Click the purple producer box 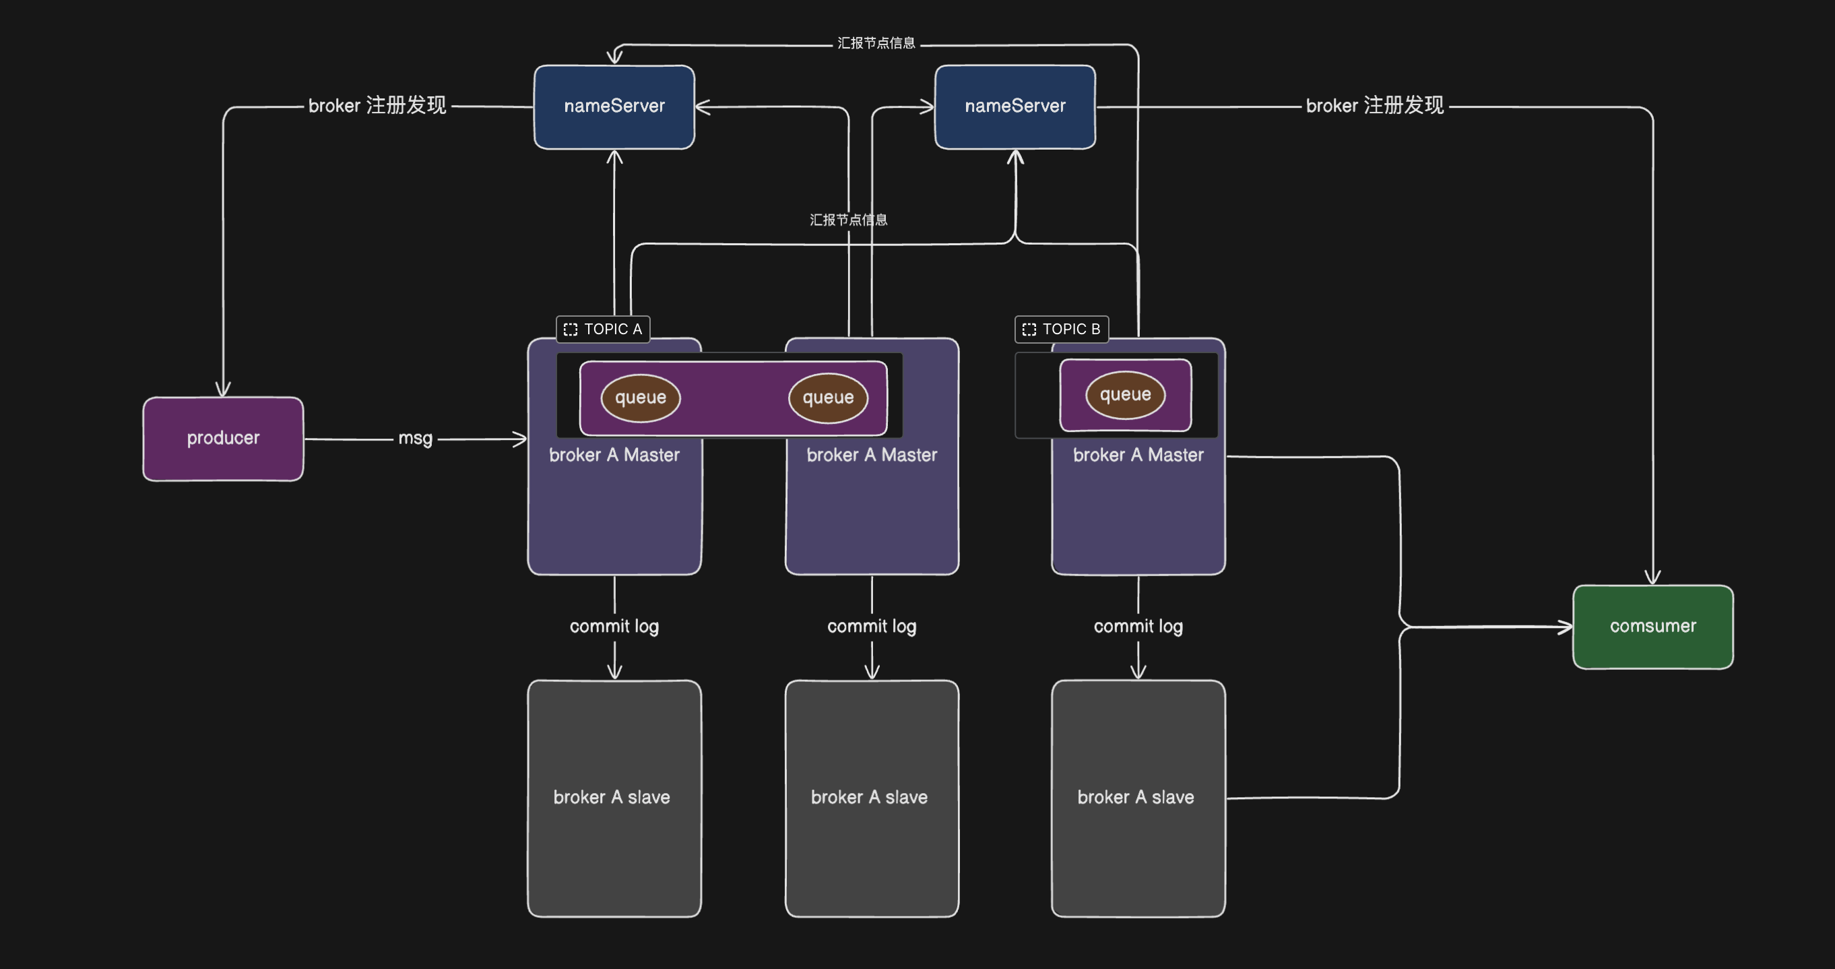coord(223,438)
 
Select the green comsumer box coord(1652,626)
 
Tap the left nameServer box coord(614,106)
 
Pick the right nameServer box coord(1015,106)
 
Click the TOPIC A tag coord(604,329)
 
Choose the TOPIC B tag coord(1062,329)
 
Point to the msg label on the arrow coord(415,438)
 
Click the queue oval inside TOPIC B coord(1125,395)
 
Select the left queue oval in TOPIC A coord(641,398)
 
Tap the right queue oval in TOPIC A coord(828,398)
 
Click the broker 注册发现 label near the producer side coord(377,105)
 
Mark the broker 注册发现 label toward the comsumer coord(1374,105)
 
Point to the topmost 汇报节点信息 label coord(876,43)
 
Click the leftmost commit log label coord(614,626)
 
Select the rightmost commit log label coord(1138,626)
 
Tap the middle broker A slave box coord(871,798)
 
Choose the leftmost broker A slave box coord(614,798)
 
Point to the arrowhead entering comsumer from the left coord(1566,627)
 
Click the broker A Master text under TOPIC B coord(1138,456)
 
